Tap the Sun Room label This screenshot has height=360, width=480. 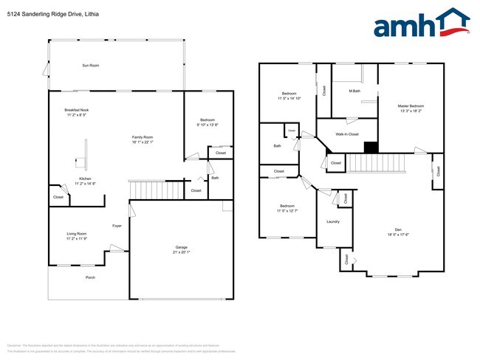[91, 66]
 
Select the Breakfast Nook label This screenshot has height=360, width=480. [77, 110]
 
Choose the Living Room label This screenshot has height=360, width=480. [77, 234]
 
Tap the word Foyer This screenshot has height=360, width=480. [117, 226]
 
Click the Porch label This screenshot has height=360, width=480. [90, 277]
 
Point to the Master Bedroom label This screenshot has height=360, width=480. [411, 106]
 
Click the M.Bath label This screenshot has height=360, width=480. [354, 91]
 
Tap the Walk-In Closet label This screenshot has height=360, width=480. [346, 134]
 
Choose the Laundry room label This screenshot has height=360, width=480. [332, 221]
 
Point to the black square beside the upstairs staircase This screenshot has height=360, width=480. [371, 147]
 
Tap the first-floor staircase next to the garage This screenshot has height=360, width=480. [156, 190]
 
